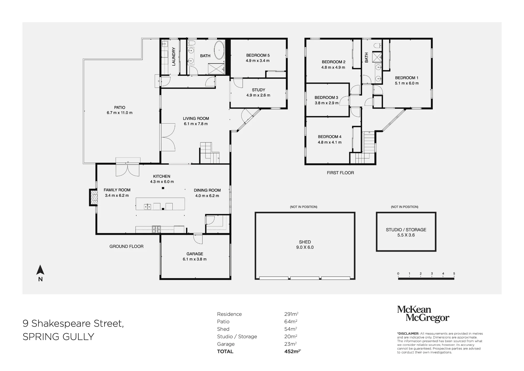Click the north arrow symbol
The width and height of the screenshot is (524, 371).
[40, 270]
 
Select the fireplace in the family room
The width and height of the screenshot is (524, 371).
[93, 197]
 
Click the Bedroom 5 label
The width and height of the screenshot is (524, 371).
[258, 55]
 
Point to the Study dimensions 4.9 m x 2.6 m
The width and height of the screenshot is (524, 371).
[258, 95]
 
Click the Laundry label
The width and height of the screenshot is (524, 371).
[173, 56]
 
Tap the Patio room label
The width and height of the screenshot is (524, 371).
[119, 108]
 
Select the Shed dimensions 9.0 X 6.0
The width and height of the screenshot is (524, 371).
[305, 247]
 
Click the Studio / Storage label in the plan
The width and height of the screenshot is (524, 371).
[406, 230]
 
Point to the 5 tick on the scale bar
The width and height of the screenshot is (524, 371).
[454, 274]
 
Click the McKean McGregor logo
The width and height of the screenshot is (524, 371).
[423, 314]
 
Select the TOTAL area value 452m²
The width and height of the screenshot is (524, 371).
[292, 352]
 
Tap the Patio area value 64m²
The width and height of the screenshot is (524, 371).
[291, 322]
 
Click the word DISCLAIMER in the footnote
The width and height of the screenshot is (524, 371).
[408, 334]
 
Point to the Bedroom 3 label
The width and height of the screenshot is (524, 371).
[326, 98]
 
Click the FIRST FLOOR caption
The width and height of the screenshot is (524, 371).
[340, 173]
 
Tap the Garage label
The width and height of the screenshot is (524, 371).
[195, 254]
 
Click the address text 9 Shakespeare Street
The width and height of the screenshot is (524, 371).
[73, 324]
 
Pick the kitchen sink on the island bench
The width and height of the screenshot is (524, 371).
[148, 207]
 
